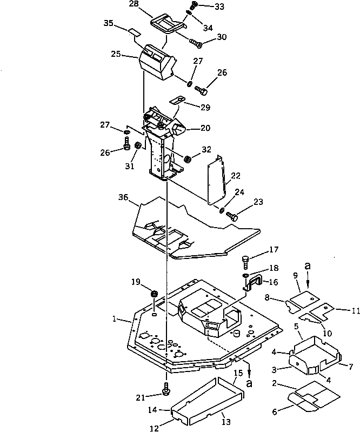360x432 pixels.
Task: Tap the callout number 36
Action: [123, 198]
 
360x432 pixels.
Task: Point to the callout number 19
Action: [136, 281]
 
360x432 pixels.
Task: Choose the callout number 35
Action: [108, 24]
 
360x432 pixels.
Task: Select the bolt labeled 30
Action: [196, 44]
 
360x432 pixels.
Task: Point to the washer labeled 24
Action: [222, 209]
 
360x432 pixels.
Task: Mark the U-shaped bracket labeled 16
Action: [252, 282]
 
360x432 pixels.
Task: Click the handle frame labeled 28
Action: [168, 24]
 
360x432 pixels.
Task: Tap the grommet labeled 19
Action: [154, 294]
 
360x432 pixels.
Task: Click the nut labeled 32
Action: [188, 159]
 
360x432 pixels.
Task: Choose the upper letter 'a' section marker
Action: [308, 267]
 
